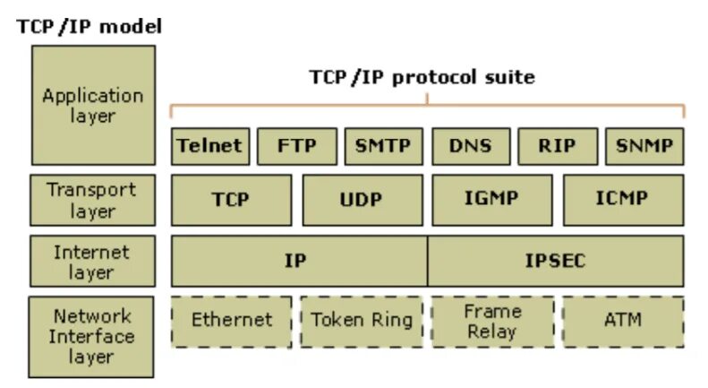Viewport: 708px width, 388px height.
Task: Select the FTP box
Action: pos(297,146)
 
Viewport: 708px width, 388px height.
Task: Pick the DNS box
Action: pos(471,146)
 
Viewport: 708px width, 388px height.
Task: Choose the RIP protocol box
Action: pos(557,146)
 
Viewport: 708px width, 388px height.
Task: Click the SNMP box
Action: pos(644,146)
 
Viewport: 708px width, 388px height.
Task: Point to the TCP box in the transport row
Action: pos(231,199)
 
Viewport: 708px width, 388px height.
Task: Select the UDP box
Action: pos(361,199)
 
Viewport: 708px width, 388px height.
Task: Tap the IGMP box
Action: pos(490,199)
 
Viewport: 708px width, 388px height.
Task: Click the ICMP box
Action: pos(622,199)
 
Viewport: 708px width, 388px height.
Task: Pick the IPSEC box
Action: pos(555,261)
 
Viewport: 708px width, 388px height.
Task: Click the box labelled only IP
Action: pos(298,261)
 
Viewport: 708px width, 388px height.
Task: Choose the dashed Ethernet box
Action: pos(231,321)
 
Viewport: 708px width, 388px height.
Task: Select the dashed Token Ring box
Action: pos(361,321)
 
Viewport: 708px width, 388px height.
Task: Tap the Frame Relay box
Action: pos(490,321)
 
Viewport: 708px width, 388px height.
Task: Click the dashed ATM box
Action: pos(622,321)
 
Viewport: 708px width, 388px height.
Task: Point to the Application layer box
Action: pos(93,105)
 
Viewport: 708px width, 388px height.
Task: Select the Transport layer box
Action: pos(93,200)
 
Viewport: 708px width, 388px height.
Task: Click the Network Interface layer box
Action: pos(93,336)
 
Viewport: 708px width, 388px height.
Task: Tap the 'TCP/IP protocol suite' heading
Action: pos(422,77)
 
